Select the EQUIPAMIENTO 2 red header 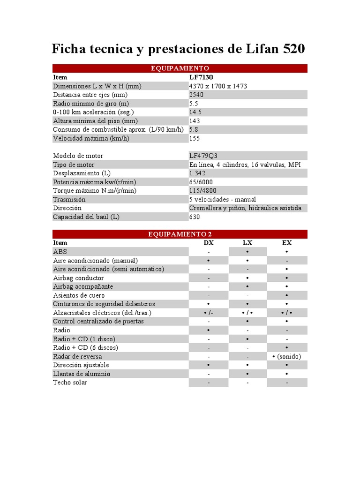click(180, 234)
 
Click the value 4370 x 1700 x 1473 click(218, 86)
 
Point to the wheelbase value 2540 click(196, 95)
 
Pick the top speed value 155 click(195, 138)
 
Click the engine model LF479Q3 click(203, 156)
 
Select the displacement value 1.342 click(197, 173)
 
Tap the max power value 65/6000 click(201, 182)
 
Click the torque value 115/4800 click(203, 190)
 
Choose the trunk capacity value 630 click(195, 217)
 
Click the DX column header click(209, 243)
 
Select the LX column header click(247, 243)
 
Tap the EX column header click(287, 243)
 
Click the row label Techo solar click(70, 382)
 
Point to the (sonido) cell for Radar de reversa click(287, 356)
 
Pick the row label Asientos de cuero click(79, 295)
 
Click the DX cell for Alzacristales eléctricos click(209, 313)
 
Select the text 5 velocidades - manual click(223, 199)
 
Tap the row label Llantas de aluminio click(82, 374)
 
